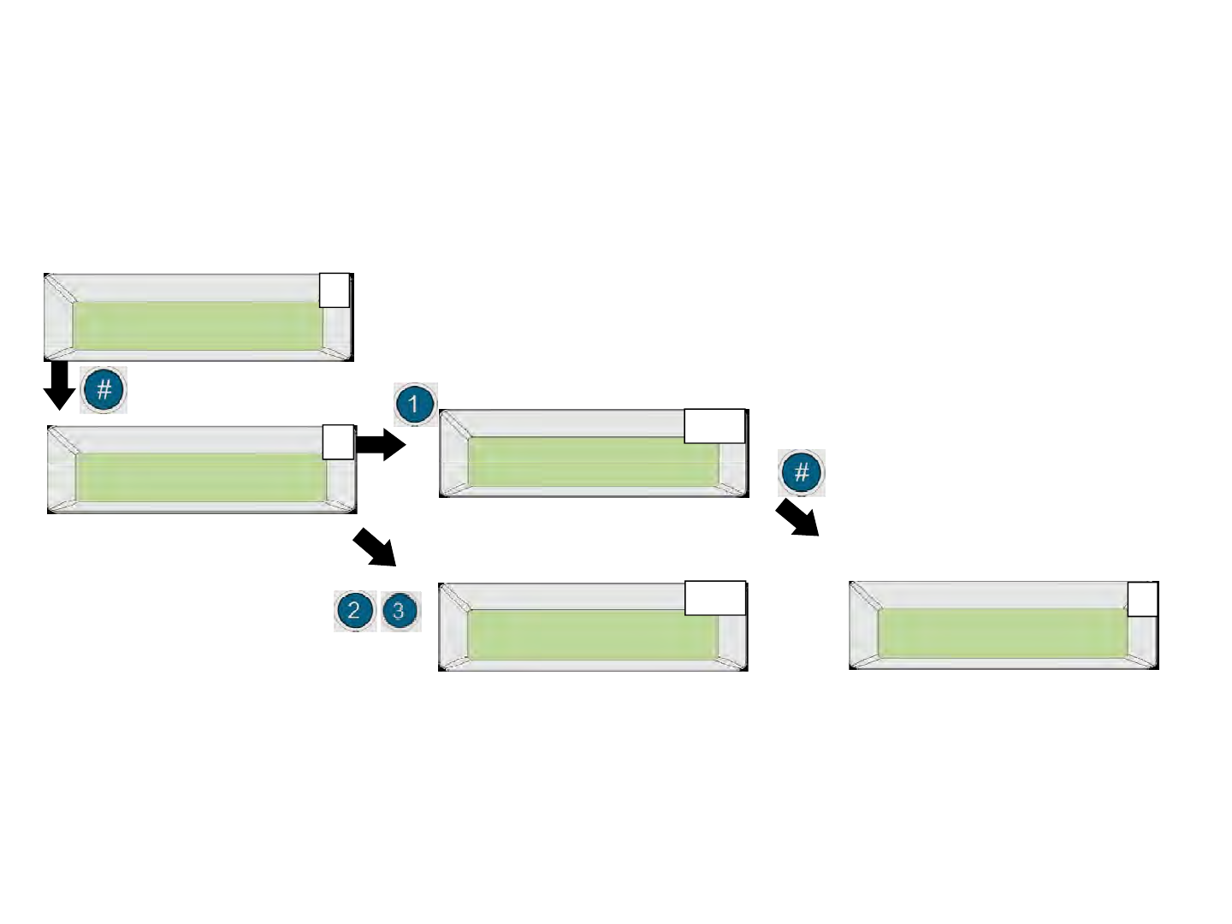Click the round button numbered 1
415,404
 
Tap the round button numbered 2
354,611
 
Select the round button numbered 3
399,611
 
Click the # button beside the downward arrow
104,390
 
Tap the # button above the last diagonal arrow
801,472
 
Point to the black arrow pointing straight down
59,384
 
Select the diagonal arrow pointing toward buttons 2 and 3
375,547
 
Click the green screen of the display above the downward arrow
197,325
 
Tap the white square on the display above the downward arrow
335,290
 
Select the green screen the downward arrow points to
200,477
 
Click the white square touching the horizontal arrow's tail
338,441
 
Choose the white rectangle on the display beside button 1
714,426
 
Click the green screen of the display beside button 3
591,635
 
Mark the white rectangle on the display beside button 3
715,599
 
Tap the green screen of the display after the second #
1001,633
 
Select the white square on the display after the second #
1142,599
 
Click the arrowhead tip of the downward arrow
59,409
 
